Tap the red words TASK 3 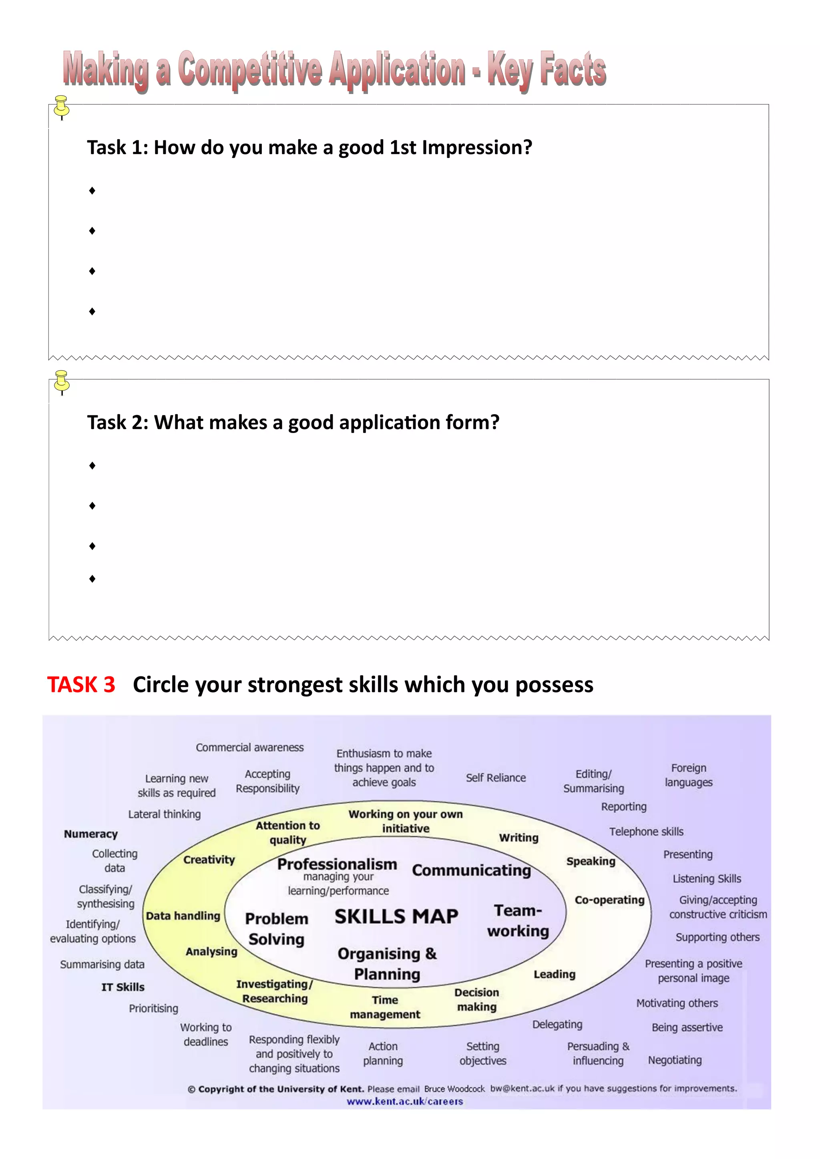click(81, 684)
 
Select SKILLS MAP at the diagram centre click(396, 916)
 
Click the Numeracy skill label click(91, 834)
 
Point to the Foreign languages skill click(689, 775)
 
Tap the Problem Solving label click(277, 929)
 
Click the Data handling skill click(183, 916)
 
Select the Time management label click(385, 1007)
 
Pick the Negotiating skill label click(675, 1060)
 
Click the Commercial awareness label click(250, 747)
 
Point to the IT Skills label click(123, 987)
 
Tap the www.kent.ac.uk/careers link click(404, 1101)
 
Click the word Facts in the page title click(573, 69)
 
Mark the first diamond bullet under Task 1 click(92, 190)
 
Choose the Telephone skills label click(646, 831)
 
